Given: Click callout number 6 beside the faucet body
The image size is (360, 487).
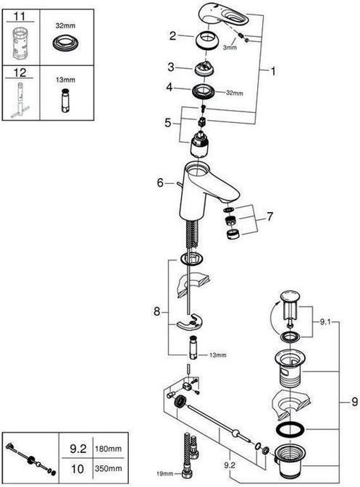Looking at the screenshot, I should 160,183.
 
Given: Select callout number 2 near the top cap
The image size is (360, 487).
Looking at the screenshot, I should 172,35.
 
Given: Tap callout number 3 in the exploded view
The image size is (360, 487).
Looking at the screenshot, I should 172,67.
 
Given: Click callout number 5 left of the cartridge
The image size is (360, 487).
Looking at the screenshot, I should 169,123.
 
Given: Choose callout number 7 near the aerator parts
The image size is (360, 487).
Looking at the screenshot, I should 270,216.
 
